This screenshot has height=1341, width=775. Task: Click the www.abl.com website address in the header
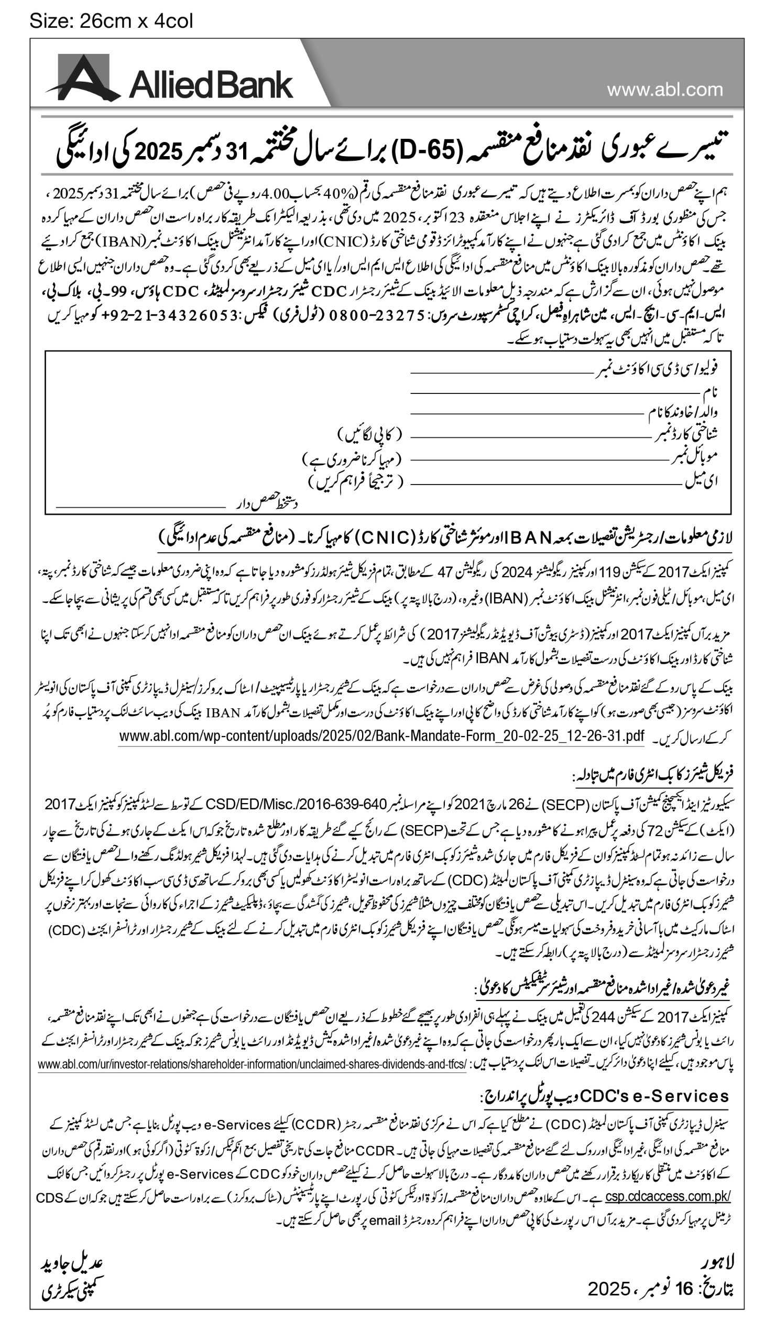tap(665, 90)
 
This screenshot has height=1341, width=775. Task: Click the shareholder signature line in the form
tap(140, 507)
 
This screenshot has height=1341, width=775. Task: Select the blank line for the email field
tap(545, 485)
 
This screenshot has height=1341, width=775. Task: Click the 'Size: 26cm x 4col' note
tap(111, 21)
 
